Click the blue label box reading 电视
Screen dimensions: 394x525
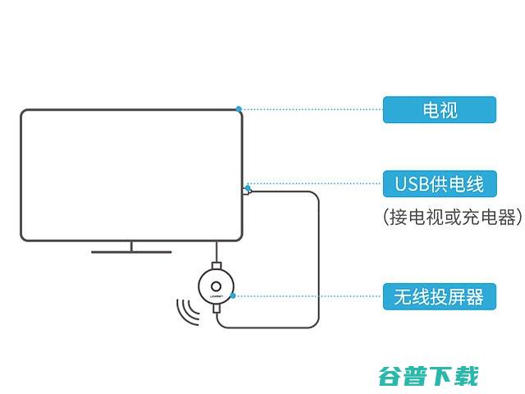point(439,109)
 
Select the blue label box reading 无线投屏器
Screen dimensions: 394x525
point(439,296)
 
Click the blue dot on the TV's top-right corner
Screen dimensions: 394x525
point(238,108)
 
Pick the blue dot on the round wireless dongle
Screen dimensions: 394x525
point(234,295)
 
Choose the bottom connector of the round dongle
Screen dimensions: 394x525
point(216,314)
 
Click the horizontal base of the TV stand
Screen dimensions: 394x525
point(131,251)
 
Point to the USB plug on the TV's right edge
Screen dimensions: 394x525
point(248,191)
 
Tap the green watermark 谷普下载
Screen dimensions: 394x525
point(427,377)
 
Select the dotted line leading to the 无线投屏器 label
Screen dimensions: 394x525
point(308,295)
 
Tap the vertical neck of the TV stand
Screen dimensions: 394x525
point(131,245)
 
